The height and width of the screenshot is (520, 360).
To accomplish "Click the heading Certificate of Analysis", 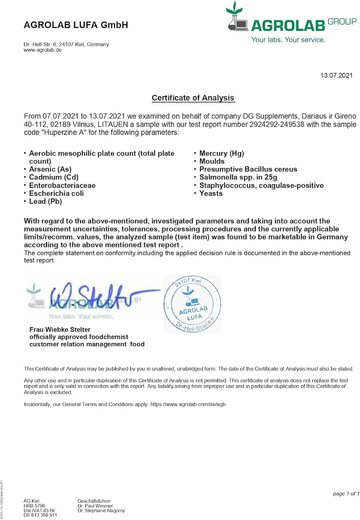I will click(193, 98).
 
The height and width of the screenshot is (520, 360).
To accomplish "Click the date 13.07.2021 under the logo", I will click(336, 76).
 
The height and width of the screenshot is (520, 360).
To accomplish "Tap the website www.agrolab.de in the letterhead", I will click(43, 50).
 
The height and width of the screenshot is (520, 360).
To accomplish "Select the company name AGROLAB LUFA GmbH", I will click(76, 25).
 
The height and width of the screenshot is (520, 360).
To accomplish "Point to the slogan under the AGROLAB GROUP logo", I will click(288, 40).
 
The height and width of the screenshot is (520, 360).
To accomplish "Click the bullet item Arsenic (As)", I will click(50, 169).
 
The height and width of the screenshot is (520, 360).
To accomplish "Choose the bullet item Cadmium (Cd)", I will click(54, 177).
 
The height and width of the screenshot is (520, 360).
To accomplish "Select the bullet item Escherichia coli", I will click(56, 193).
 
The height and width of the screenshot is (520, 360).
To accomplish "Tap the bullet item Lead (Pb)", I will click(45, 201).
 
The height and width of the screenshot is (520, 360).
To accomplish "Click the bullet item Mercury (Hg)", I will click(222, 153).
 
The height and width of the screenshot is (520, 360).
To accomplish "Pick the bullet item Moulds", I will click(212, 161).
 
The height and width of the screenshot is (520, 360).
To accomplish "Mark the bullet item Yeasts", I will click(211, 193).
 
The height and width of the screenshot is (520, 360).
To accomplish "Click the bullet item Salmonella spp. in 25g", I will click(238, 177).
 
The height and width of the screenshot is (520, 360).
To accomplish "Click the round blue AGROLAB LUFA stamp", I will click(192, 304).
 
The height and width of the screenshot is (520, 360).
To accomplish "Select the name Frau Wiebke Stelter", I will click(60, 329).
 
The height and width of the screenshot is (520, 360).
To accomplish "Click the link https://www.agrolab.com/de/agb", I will click(188, 404).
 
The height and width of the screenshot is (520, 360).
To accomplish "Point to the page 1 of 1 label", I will click(346, 494).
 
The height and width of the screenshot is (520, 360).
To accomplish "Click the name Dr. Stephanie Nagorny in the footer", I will click(101, 511).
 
